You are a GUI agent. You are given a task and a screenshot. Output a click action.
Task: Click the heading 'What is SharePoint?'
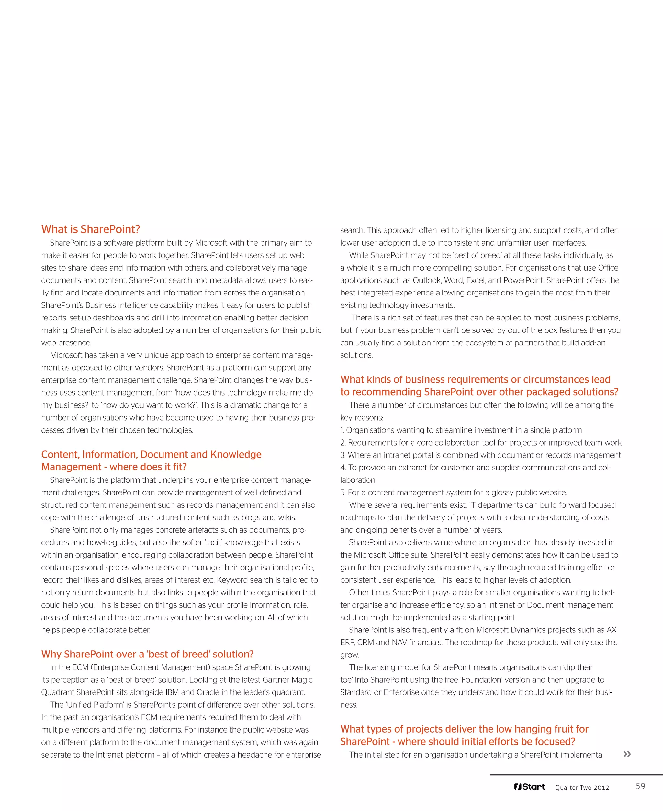91,229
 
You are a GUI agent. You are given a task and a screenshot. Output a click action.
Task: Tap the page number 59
640,786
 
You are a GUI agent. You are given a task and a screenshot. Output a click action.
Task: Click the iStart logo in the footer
529,787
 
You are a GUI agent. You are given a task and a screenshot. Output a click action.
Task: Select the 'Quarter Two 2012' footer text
582,787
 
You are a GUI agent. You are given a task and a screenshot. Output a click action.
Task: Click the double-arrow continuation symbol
627,754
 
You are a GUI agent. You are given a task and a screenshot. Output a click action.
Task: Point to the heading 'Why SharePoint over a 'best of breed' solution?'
147,654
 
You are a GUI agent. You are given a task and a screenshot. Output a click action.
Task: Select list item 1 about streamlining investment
461,430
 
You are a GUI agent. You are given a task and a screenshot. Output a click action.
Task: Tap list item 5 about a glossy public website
453,492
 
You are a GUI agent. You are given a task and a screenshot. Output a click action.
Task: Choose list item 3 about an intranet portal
480,455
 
